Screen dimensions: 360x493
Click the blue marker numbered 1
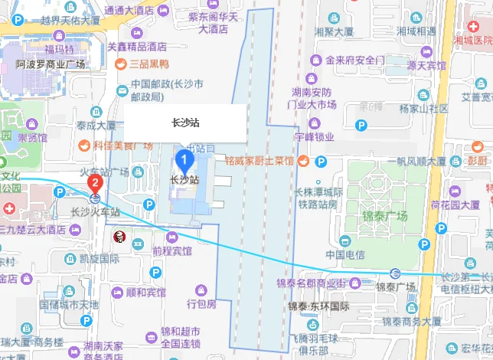pos(184,160)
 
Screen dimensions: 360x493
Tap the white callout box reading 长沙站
pos(185,123)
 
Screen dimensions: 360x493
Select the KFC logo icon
pos(119,239)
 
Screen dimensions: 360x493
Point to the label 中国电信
pos(345,255)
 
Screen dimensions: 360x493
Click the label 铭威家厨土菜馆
pos(260,162)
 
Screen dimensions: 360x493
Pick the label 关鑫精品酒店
pos(136,47)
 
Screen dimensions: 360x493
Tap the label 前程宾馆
pos(171,250)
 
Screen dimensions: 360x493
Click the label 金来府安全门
pos(354,60)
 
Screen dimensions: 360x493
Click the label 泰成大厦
pos(96,125)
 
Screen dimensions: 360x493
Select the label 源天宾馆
pos(426,66)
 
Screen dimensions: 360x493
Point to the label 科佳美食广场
pos(113,144)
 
